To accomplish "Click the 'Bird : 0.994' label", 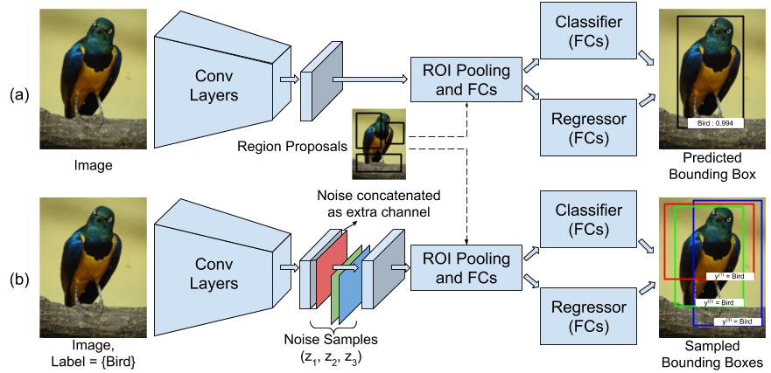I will point(715,123).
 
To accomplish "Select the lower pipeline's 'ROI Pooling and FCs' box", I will point(466,268).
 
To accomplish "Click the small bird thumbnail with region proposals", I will point(379,143).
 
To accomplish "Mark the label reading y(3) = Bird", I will point(736,321).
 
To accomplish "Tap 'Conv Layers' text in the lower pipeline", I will point(214,273).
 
